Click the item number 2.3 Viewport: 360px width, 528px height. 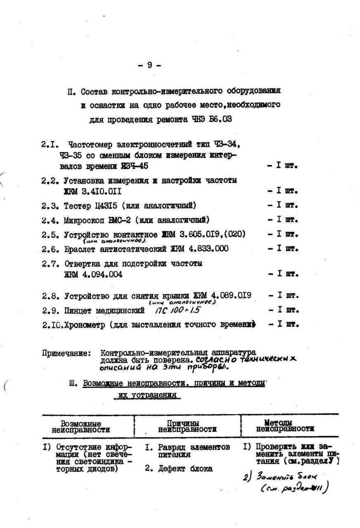pyautogui.click(x=50, y=205)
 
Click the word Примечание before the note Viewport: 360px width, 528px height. pyautogui.click(x=66, y=353)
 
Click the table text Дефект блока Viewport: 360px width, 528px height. pyautogui.click(x=185, y=469)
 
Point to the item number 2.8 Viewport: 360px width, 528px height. pyautogui.click(x=50, y=296)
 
